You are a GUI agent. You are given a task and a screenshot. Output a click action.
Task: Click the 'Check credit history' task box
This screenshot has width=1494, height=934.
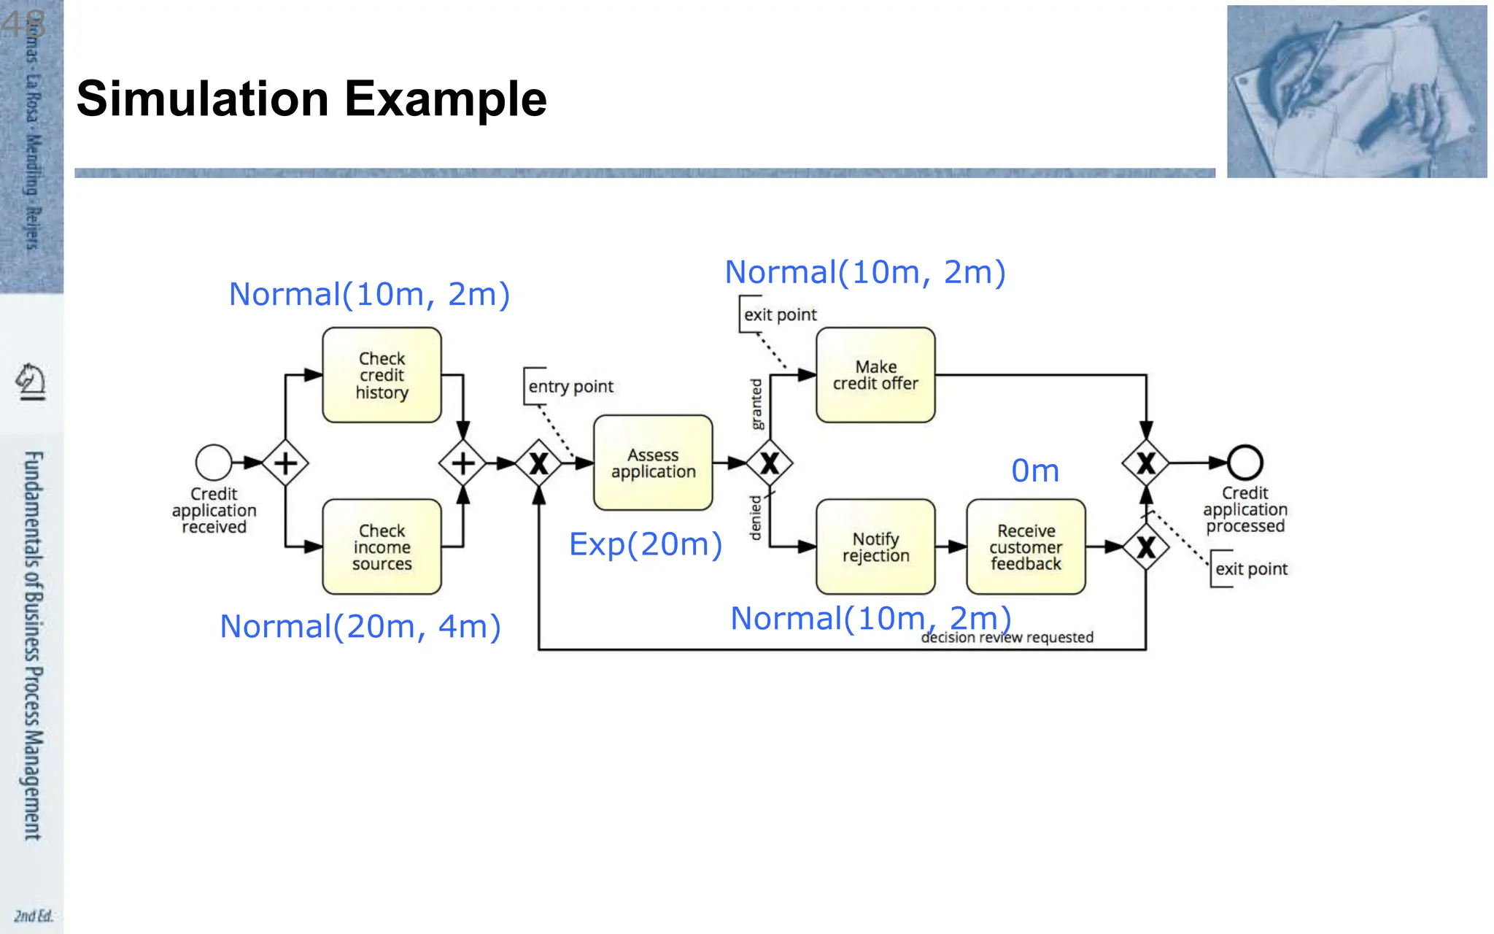tap(382, 375)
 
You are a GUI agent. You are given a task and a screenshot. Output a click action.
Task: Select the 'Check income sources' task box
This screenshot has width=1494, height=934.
tap(382, 547)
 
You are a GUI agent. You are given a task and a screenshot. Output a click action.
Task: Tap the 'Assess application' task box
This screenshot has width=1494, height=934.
tap(653, 463)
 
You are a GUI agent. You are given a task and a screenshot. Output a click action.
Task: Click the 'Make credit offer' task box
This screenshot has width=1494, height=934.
tap(875, 375)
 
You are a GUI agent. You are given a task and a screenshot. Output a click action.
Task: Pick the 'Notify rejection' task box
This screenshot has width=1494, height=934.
tap(875, 547)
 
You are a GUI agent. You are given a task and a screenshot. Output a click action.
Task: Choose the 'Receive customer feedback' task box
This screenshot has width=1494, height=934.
tap(1026, 547)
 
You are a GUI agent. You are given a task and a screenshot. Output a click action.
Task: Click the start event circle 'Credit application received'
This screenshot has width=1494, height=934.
tap(214, 463)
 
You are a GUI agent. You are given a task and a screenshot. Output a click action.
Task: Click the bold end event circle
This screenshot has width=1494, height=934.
tap(1245, 463)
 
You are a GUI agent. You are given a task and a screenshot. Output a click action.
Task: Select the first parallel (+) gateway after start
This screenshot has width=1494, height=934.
tap(285, 463)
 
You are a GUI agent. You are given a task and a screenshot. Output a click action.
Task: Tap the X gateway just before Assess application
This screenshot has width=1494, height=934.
tap(538, 463)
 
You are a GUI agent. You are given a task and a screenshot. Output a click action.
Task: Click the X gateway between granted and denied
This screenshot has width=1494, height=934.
tap(770, 463)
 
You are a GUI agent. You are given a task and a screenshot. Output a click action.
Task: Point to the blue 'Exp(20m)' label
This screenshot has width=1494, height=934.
tap(646, 544)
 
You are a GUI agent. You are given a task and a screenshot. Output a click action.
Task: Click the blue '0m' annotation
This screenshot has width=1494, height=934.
tap(1034, 471)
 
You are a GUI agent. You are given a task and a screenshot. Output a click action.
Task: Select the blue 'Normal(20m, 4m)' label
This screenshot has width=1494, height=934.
tap(360, 627)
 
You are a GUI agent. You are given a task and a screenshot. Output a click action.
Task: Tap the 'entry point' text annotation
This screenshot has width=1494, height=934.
tap(570, 387)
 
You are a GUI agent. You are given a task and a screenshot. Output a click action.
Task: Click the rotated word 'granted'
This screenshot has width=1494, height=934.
tap(756, 404)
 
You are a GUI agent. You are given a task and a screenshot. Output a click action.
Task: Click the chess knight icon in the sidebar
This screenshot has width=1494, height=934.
tap(31, 381)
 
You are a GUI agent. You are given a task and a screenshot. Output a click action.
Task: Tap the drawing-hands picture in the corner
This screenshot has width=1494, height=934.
tap(1356, 91)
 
